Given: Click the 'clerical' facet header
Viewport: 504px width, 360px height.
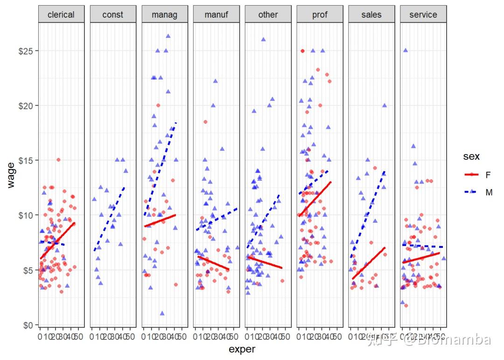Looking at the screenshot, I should click(61, 14).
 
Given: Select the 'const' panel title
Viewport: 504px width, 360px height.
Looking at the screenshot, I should click(113, 14).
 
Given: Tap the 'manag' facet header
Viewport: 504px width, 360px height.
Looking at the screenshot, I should click(165, 14).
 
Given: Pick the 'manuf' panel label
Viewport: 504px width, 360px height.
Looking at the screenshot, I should click(217, 14).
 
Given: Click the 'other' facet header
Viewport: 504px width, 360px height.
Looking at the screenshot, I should click(268, 14).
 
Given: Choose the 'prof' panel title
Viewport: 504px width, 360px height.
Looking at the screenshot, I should click(320, 14).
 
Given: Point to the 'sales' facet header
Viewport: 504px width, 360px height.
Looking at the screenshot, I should click(371, 14).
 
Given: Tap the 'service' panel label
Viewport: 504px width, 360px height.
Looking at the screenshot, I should click(423, 14).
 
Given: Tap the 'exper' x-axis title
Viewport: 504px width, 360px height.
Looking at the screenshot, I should click(242, 349).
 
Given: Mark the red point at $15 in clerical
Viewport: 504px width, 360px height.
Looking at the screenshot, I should click(58, 160).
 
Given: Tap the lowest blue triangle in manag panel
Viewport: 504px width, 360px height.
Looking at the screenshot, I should click(162, 313).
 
